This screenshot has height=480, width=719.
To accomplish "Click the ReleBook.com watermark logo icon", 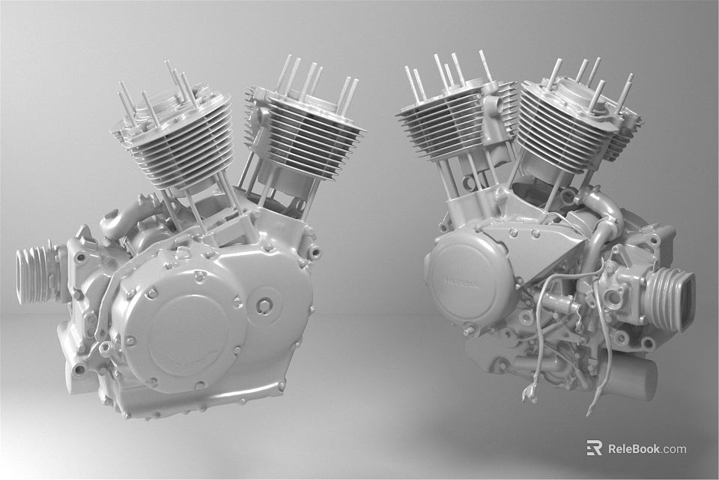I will click(594, 448).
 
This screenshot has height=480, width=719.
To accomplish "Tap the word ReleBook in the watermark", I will click(634, 448).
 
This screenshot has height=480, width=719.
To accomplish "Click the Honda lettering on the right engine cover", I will click(458, 281).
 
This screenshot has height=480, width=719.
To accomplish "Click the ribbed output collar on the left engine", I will click(37, 274).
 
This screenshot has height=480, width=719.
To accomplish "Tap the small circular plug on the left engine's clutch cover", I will click(264, 305).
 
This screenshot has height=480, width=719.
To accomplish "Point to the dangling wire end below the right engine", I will click(532, 394).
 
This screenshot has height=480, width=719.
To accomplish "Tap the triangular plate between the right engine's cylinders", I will click(550, 240).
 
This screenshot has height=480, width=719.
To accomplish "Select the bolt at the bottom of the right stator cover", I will click(469, 331).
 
